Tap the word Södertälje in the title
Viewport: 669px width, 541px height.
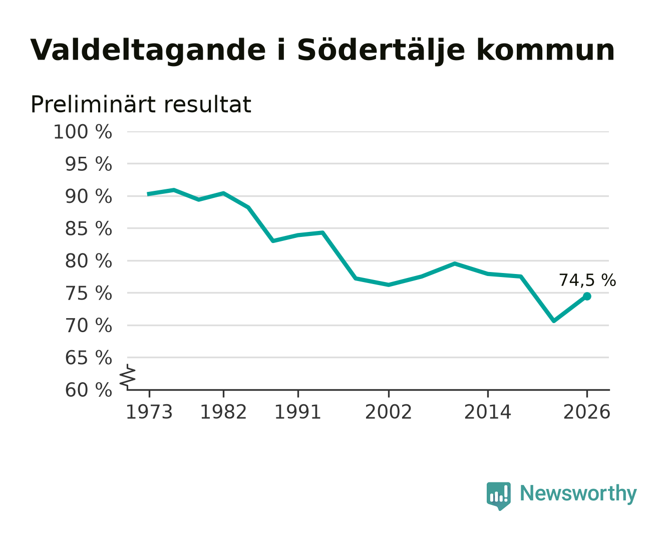(x=381, y=50)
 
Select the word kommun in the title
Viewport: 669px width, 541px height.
(x=545, y=49)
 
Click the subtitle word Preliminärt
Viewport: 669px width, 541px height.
(x=93, y=104)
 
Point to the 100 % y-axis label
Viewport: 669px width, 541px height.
(x=83, y=132)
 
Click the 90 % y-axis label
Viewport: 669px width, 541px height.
(x=89, y=196)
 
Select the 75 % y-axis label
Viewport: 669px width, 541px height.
(x=89, y=293)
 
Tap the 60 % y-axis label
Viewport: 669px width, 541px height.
(x=89, y=390)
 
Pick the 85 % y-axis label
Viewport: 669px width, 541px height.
(x=89, y=228)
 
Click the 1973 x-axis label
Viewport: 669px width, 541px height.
(x=149, y=412)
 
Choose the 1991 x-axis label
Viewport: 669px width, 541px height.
(x=298, y=412)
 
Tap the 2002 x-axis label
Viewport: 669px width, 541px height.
(x=388, y=412)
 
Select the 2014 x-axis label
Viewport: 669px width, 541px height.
(x=487, y=412)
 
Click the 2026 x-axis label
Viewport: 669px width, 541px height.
(x=587, y=412)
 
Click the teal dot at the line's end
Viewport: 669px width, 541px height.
(x=587, y=296)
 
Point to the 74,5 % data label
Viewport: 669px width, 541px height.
(x=587, y=280)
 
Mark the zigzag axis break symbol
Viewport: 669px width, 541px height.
(x=128, y=376)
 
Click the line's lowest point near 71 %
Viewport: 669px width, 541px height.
(x=554, y=321)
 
